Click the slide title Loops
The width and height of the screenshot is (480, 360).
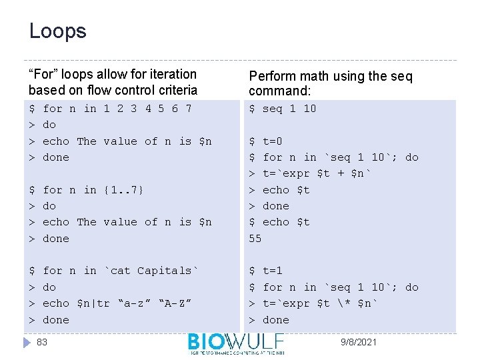[x=57, y=31]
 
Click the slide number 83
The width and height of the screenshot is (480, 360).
[x=42, y=342]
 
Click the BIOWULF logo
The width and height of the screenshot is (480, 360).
[x=236, y=343]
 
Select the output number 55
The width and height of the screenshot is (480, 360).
[x=255, y=238]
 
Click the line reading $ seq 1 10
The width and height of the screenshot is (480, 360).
[x=283, y=109]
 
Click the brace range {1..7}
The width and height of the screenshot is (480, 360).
[x=124, y=190]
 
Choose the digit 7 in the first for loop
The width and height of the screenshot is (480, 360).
[x=189, y=109]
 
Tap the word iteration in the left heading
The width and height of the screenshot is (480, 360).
[x=171, y=74]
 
